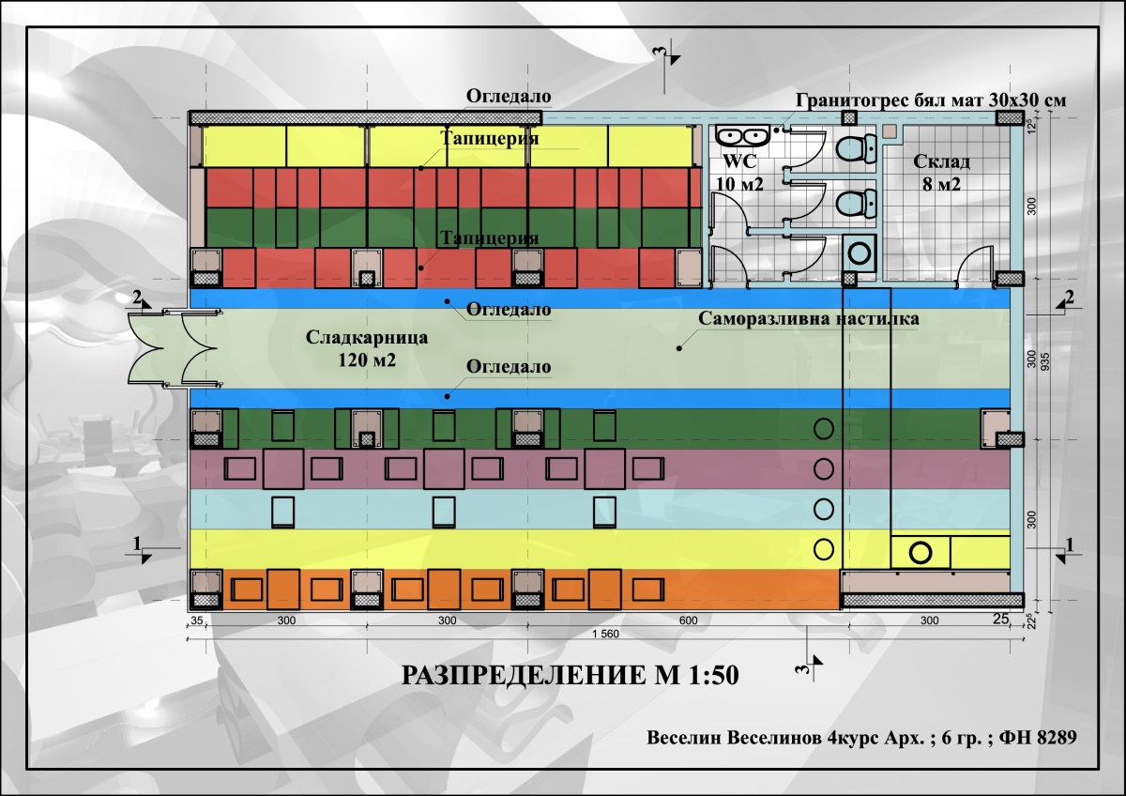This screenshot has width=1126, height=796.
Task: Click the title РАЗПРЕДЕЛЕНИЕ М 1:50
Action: click(x=563, y=676)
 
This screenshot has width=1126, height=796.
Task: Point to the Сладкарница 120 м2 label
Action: click(x=367, y=347)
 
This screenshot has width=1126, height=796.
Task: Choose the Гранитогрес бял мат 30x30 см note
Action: click(x=931, y=99)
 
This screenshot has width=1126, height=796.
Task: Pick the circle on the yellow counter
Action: click(x=921, y=552)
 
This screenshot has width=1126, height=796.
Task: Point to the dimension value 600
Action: click(x=689, y=620)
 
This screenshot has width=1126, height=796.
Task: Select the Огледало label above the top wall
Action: click(x=509, y=97)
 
